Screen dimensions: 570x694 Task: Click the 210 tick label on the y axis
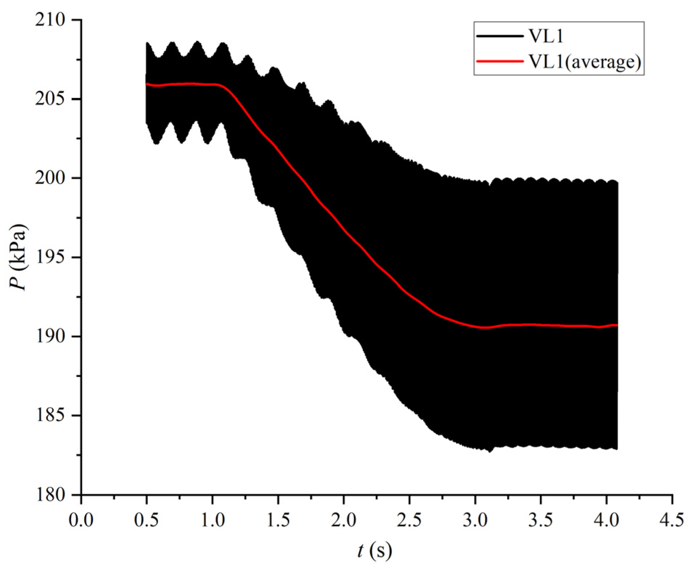pos(50,19)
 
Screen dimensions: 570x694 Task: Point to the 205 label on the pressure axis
pos(50,99)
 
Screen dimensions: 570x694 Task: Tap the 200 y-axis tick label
pos(50,178)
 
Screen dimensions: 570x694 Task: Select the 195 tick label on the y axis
pos(50,257)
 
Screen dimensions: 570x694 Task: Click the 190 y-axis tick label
pos(50,336)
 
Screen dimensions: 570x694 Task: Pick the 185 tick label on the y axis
pos(50,415)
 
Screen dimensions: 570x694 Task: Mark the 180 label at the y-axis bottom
pos(50,495)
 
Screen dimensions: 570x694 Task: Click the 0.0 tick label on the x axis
pos(81,520)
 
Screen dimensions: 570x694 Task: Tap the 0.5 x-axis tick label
pos(147,520)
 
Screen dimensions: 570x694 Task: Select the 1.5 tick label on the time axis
pos(278,520)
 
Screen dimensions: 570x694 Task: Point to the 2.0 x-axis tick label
pos(344,520)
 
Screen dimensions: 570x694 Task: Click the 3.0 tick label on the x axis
pos(475,520)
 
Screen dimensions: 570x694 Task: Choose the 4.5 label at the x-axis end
pos(672,520)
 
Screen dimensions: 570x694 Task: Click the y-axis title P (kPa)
pos(18,257)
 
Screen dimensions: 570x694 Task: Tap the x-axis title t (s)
pos(375,551)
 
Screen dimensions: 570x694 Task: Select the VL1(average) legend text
pos(585,61)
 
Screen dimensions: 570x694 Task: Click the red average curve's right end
pos(617,325)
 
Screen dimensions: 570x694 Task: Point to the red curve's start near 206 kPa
pos(147,84)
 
